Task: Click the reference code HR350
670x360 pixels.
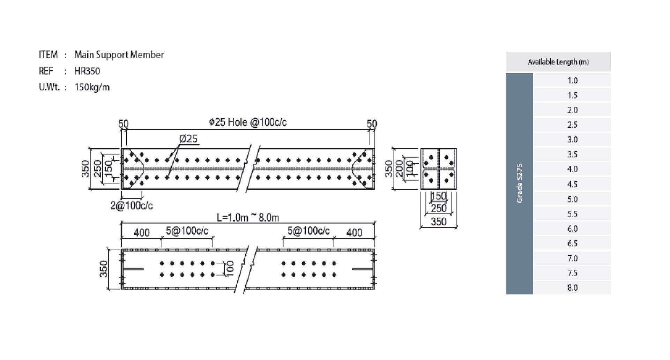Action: (x=87, y=71)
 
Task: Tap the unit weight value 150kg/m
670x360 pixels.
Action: (x=92, y=87)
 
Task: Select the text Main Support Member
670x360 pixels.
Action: (x=119, y=55)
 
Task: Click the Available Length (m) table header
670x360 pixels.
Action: (x=558, y=62)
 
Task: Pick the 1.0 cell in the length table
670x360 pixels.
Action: (x=572, y=81)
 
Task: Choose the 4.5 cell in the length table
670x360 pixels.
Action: (x=572, y=184)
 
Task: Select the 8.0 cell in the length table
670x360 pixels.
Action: (x=572, y=288)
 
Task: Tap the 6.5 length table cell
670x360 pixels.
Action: (x=572, y=243)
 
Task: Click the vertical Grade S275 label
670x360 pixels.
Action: (x=520, y=183)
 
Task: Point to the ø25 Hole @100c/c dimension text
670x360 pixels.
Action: (x=248, y=122)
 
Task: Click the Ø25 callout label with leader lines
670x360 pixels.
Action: (x=188, y=139)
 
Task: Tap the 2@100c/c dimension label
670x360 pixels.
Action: (x=132, y=205)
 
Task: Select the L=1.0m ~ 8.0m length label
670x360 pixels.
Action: (x=248, y=218)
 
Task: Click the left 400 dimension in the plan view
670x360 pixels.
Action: (x=142, y=233)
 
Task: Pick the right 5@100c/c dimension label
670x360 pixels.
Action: (x=308, y=231)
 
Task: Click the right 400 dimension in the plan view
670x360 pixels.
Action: (x=354, y=233)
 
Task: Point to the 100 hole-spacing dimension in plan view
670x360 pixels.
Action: (x=230, y=269)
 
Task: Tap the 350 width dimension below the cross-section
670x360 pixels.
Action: (x=439, y=222)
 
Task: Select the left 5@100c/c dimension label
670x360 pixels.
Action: (x=187, y=231)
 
